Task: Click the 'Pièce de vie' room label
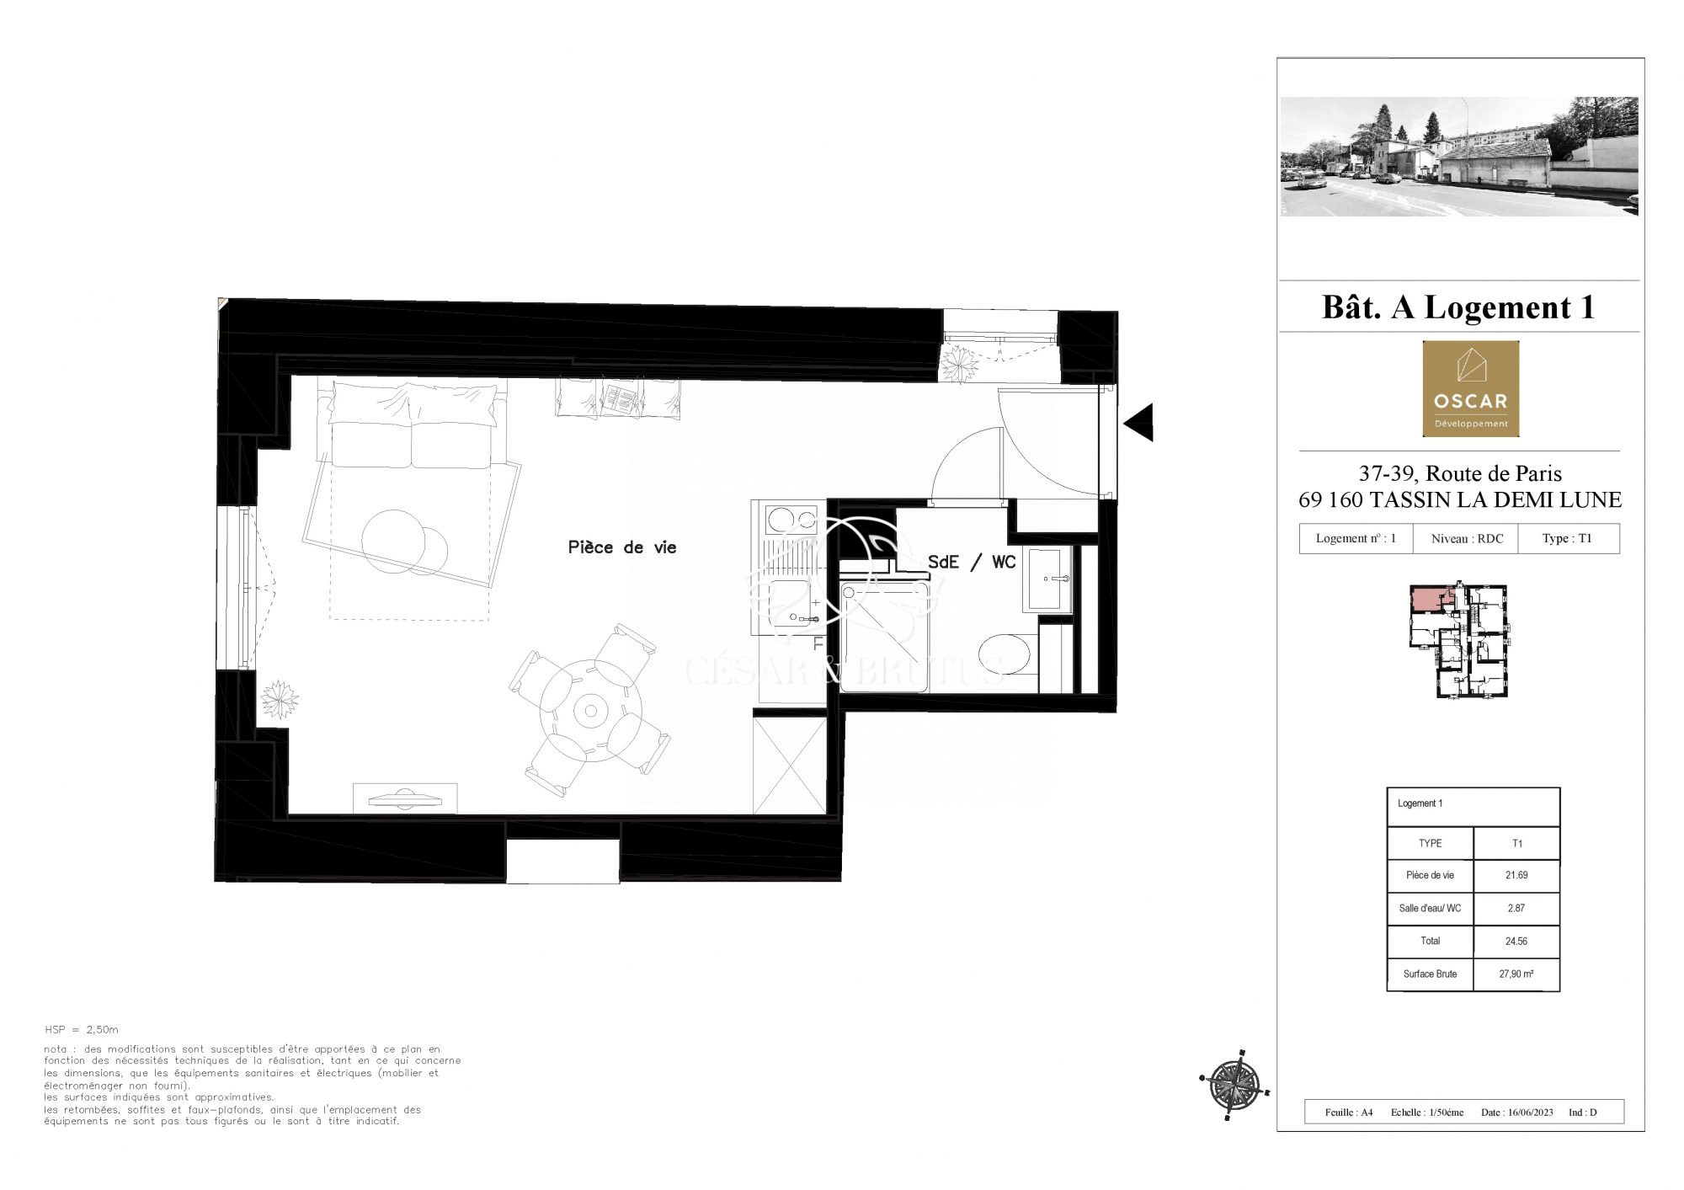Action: pos(622,547)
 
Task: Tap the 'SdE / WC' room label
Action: pos(972,562)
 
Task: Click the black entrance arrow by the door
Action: pos(1138,422)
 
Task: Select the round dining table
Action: pos(590,710)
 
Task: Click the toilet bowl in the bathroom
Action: pos(1005,654)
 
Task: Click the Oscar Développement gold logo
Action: pos(1471,388)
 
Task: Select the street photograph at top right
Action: pos(1459,157)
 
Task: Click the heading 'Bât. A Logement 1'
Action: pos(1459,307)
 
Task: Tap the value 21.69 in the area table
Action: pos(1516,875)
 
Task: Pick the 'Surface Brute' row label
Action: pos(1430,974)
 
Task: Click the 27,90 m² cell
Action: pos(1516,974)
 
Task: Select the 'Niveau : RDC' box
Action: pos(1467,538)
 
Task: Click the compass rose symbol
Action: pos(1235,1085)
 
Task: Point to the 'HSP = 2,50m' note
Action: pos(82,1029)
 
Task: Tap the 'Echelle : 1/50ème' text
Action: pos(1427,1113)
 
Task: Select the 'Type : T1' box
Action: pos(1568,538)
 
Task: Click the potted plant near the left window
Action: pos(280,699)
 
